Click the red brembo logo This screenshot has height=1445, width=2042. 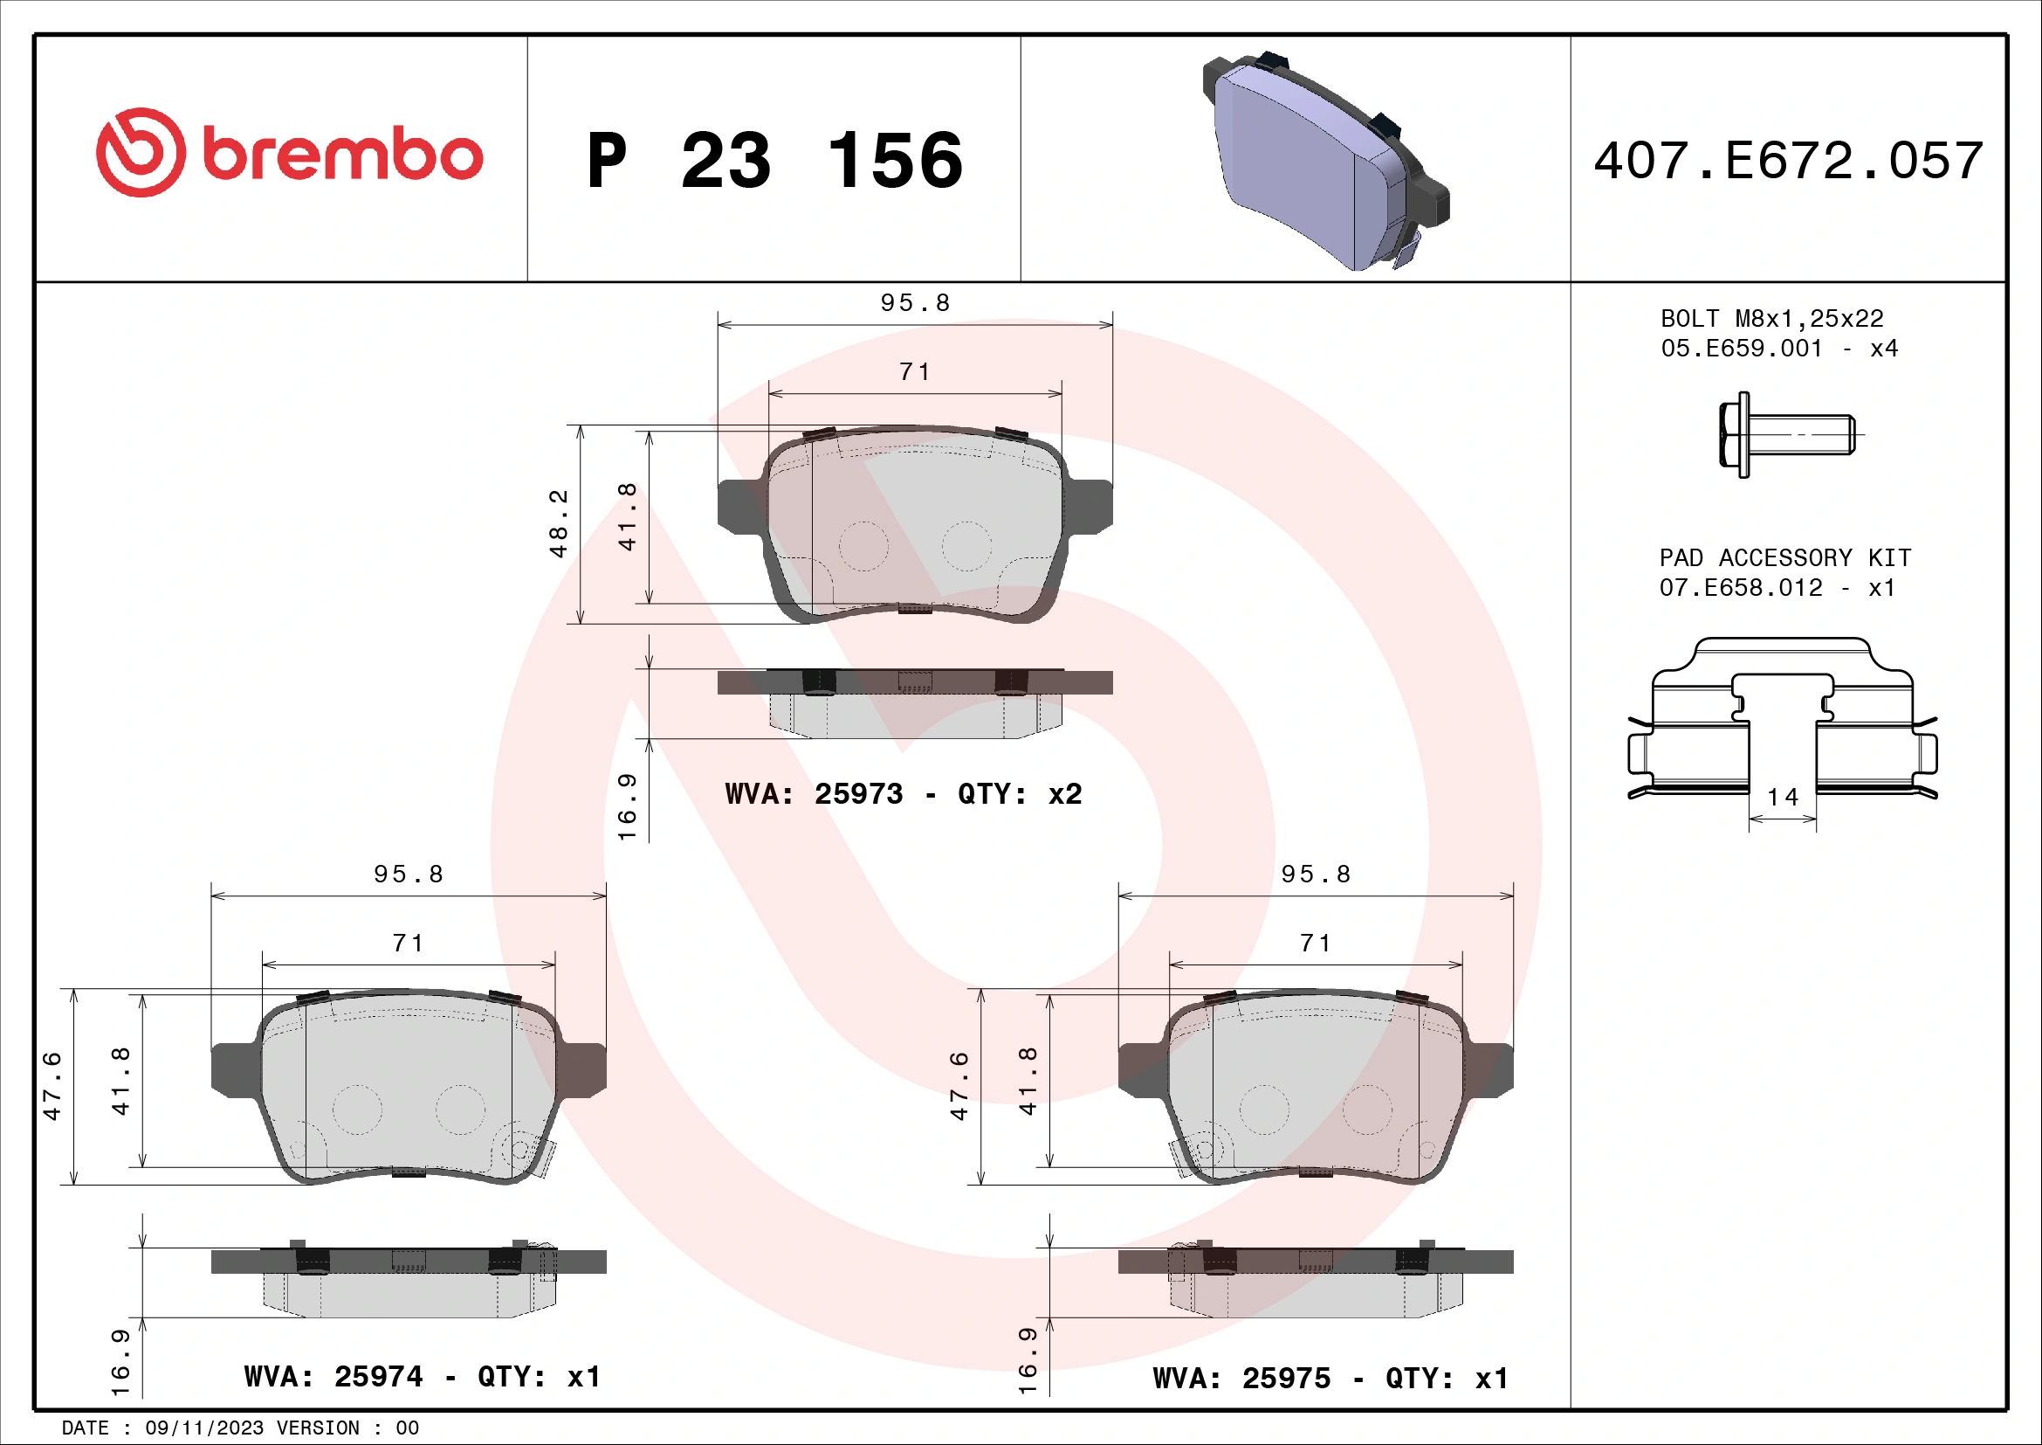(x=289, y=153)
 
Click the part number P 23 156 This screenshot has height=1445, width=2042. (x=774, y=161)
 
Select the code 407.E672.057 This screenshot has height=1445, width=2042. (x=1788, y=161)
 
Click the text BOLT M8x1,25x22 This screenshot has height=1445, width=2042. (x=1771, y=319)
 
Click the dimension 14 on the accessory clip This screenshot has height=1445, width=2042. (x=1783, y=798)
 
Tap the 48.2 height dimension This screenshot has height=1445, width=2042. (x=559, y=523)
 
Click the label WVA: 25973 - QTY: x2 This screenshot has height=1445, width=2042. (x=903, y=793)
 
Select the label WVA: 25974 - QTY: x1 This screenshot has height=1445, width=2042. (x=423, y=1377)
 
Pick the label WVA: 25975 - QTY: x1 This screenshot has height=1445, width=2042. (x=1330, y=1379)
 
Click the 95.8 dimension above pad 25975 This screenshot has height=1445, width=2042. (x=1316, y=875)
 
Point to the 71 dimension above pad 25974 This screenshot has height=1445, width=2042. (x=409, y=944)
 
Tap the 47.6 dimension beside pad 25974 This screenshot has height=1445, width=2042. (x=52, y=1086)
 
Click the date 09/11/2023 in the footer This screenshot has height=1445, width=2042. (x=204, y=1428)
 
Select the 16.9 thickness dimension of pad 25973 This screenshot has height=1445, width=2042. (x=628, y=807)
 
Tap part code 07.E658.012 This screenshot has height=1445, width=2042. (x=1741, y=588)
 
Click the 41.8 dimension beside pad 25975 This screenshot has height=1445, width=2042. (x=1028, y=1080)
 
